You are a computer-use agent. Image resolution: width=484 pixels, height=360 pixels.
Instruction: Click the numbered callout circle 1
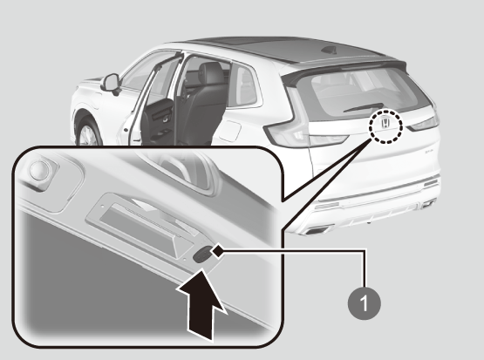365,303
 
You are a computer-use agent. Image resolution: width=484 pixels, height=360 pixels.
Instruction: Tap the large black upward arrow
201,305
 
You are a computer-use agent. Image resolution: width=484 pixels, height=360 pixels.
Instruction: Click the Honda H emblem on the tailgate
385,123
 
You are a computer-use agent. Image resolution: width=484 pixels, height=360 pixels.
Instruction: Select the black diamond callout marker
217,251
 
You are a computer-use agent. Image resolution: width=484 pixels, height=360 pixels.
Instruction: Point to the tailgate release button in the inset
202,255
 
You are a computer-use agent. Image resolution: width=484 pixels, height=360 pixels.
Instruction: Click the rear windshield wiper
364,107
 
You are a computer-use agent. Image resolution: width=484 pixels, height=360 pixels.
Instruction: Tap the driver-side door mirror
111,84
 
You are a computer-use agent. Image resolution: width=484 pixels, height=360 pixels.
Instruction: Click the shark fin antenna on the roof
328,50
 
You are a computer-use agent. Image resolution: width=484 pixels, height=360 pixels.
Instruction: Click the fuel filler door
230,131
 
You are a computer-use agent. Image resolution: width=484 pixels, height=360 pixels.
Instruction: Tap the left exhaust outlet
316,230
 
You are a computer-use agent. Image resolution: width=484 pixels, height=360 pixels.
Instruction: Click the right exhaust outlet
429,204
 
